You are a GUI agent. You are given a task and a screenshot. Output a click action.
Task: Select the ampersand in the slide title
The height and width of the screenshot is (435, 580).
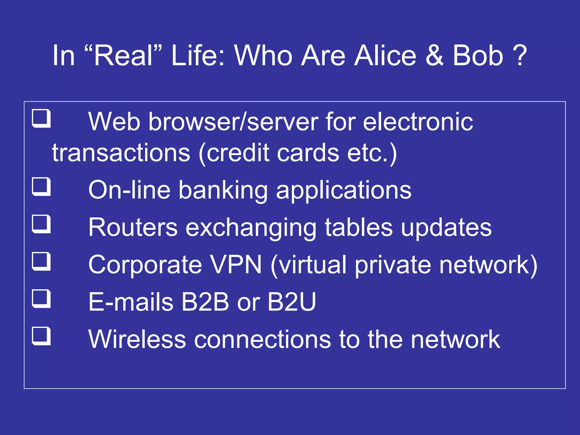(x=434, y=56)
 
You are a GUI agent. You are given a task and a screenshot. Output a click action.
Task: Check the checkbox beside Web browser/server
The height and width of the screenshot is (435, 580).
(x=41, y=119)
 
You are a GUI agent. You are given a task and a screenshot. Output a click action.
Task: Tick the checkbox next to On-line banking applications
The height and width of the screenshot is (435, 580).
(x=41, y=187)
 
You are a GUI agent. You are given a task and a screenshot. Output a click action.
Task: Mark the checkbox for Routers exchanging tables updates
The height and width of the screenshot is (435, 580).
(x=41, y=224)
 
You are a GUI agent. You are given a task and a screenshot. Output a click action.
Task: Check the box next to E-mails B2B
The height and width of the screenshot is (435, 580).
(x=41, y=299)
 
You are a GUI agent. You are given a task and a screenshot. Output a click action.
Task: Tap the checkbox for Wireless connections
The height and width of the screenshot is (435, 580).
(x=41, y=336)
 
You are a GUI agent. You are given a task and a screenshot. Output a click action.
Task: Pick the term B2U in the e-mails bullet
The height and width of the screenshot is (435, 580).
(x=291, y=302)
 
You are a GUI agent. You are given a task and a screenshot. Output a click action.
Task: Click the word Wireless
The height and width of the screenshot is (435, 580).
(x=137, y=339)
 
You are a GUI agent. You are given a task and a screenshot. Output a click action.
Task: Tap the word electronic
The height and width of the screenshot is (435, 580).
(x=418, y=122)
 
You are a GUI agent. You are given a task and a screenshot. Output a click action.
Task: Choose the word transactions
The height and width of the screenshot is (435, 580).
(x=121, y=153)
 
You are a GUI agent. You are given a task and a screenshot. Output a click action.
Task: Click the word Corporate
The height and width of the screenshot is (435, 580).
(x=145, y=265)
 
